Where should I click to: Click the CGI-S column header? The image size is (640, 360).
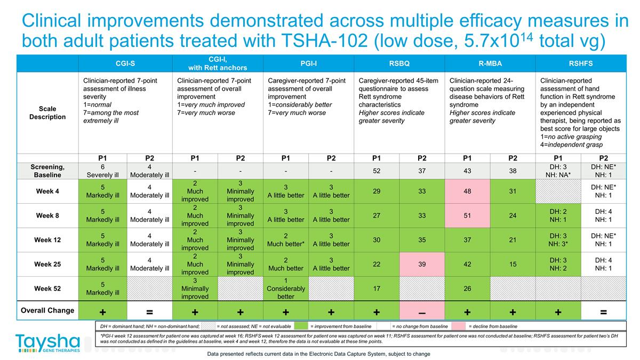(125, 63)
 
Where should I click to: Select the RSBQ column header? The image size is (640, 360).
(399, 63)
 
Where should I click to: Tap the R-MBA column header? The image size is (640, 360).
(490, 63)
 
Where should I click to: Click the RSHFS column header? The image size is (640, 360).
(580, 63)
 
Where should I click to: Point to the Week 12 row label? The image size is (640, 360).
(47, 240)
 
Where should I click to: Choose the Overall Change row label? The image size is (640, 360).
(47, 310)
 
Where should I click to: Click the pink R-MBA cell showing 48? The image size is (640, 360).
(467, 191)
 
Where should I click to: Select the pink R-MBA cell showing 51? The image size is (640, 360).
(467, 215)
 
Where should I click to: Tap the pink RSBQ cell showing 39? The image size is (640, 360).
(422, 264)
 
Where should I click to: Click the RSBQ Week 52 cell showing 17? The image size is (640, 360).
(377, 289)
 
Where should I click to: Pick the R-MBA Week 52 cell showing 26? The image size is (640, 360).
(467, 289)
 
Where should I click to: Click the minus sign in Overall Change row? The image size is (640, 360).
(422, 312)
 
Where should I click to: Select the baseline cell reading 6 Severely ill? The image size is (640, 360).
(102, 171)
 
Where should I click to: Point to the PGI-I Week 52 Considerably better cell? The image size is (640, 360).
(286, 289)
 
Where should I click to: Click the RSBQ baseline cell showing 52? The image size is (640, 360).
(377, 171)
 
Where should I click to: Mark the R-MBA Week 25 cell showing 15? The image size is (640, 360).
(513, 264)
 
